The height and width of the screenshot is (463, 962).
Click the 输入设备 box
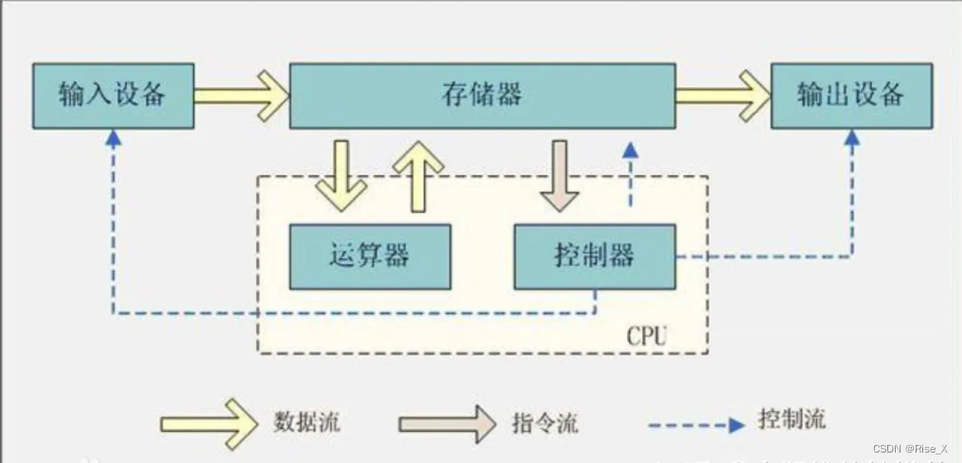tap(113, 96)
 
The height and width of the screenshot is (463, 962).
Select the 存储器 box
tap(481, 96)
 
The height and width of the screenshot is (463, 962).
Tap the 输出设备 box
tap(850, 96)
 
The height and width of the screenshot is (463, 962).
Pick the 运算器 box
tap(370, 257)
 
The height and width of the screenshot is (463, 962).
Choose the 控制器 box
tap(595, 257)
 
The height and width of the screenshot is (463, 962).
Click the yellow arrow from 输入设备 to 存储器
tap(242, 96)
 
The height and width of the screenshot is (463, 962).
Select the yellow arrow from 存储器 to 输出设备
tap(724, 96)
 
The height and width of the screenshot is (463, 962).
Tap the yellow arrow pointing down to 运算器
tap(341, 176)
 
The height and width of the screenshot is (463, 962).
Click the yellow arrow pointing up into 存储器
tap(417, 176)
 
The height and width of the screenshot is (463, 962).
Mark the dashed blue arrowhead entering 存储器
tap(630, 151)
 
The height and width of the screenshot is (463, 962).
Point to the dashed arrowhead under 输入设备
tap(114, 137)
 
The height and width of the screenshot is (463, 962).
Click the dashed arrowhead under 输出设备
tap(851, 137)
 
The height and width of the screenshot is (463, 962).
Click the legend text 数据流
tap(306, 421)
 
